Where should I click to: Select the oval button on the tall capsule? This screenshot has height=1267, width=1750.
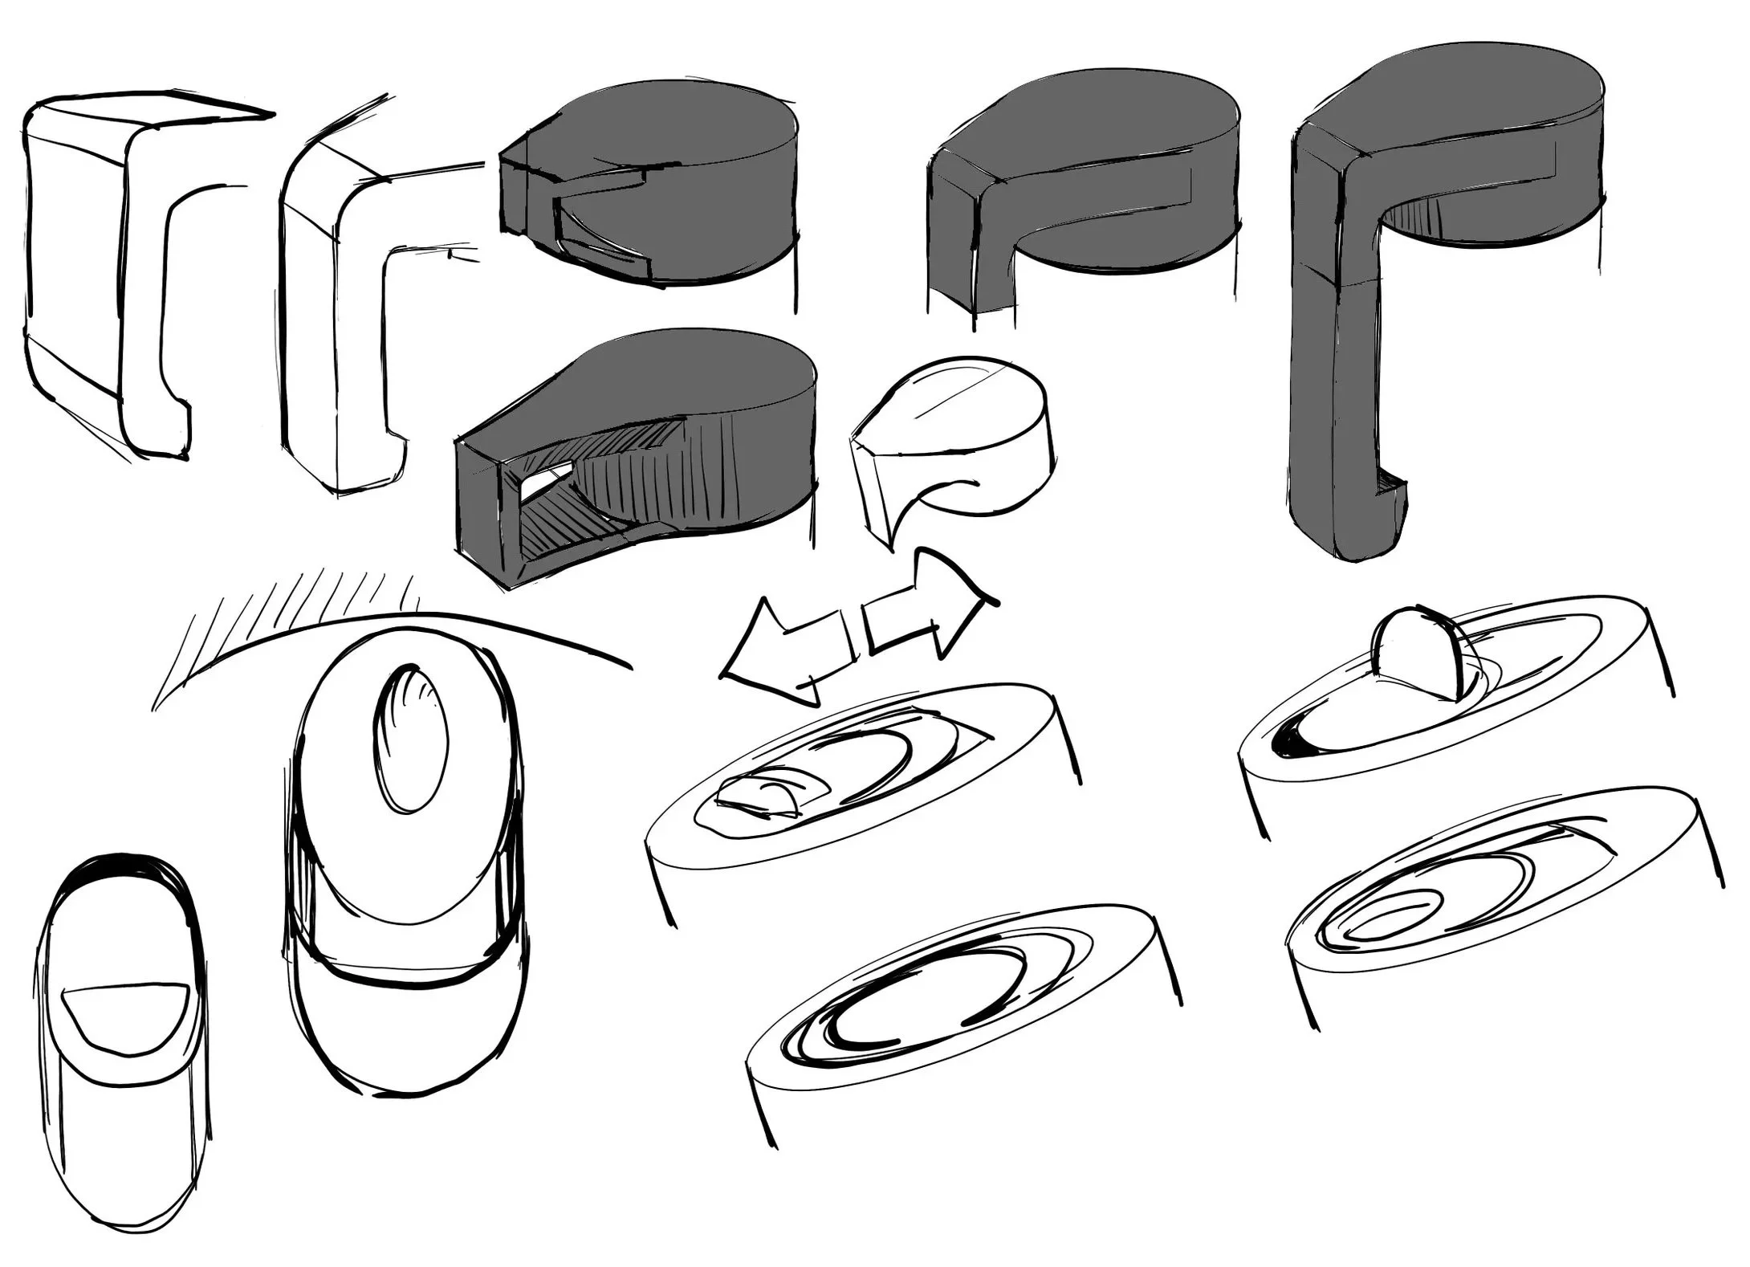pyautogui.click(x=409, y=739)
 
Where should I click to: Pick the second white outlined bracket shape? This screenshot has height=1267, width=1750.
pyautogui.click(x=337, y=321)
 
